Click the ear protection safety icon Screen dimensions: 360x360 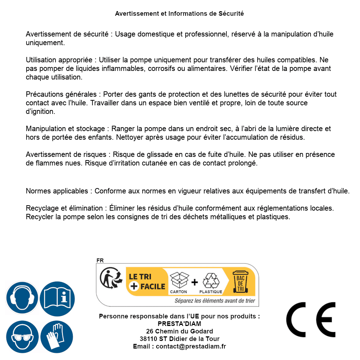tap(22, 298)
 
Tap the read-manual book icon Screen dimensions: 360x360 tap(57, 298)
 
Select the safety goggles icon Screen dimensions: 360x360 tap(22, 337)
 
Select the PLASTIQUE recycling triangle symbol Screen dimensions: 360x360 tap(211, 281)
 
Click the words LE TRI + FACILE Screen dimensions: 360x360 tap(147, 281)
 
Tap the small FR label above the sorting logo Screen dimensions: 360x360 tap(100, 260)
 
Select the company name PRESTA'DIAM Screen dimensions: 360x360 tap(179, 324)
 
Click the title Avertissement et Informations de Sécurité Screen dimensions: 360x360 tap(179, 14)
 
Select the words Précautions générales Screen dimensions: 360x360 tap(61, 94)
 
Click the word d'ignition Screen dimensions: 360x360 tap(40, 111)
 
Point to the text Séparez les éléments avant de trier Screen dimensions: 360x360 tap(215, 301)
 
